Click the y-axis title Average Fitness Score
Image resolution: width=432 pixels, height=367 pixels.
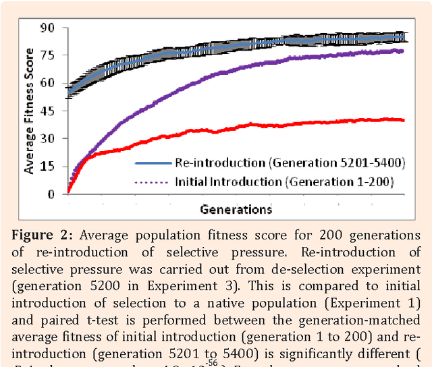click(30, 111)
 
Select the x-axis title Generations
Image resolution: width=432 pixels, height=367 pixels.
click(236, 209)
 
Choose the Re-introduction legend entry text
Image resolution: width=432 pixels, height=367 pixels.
click(269, 163)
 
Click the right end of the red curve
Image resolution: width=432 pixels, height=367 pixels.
click(404, 120)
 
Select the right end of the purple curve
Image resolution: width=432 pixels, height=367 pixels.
click(404, 51)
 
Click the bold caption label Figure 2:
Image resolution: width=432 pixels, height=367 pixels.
click(44, 235)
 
